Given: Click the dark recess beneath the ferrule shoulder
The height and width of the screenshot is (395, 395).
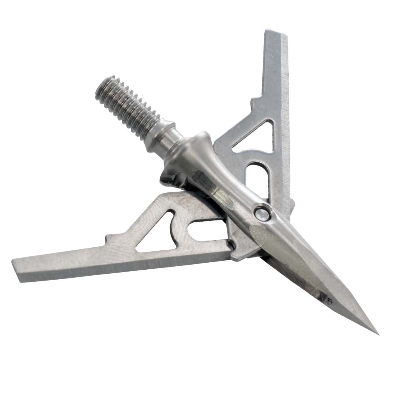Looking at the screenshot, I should pos(174,180).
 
